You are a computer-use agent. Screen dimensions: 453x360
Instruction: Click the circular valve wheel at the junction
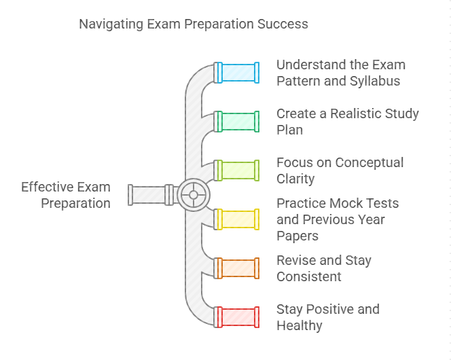pyautogui.click(x=194, y=195)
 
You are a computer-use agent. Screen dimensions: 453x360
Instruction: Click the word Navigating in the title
pyautogui.click(x=111, y=24)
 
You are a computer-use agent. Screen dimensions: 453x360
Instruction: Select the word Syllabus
pyautogui.click(x=375, y=82)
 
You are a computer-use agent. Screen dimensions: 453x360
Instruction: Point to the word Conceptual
pyautogui.click(x=369, y=163)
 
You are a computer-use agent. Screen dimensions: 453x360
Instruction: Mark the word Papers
pyautogui.click(x=297, y=236)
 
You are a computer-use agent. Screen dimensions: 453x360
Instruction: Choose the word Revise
pyautogui.click(x=295, y=260)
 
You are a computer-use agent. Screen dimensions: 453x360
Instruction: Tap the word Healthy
pyautogui.click(x=300, y=326)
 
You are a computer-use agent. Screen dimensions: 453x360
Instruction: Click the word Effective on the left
pyautogui.click(x=46, y=187)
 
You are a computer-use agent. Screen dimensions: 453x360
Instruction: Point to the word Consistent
pyautogui.click(x=309, y=276)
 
